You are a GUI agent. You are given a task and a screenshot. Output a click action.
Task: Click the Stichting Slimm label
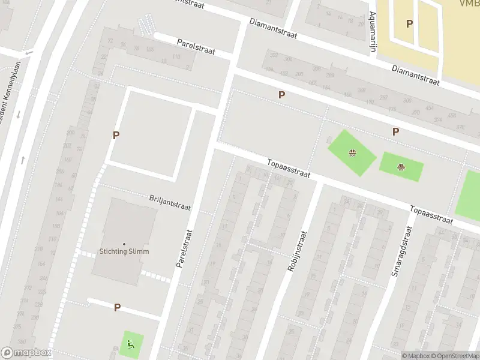click(x=124, y=251)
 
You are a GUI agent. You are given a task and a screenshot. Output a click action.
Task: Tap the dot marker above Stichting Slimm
click(x=124, y=244)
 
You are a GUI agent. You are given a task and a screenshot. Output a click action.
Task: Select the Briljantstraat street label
click(x=170, y=202)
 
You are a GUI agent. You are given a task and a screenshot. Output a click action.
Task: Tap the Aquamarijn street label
click(x=373, y=32)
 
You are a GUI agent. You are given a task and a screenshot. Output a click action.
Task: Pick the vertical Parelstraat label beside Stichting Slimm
click(x=184, y=248)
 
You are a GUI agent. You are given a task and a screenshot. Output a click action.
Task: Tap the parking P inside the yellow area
click(x=410, y=23)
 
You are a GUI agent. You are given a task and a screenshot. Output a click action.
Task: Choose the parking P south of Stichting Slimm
click(x=118, y=307)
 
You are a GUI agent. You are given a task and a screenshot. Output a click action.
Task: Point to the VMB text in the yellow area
click(x=469, y=4)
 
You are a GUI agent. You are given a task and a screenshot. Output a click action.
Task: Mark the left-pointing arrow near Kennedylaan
click(x=29, y=53)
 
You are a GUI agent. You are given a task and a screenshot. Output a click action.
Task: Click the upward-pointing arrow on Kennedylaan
click(x=23, y=160)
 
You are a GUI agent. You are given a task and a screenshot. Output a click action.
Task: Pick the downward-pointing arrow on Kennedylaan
click(x=19, y=114)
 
